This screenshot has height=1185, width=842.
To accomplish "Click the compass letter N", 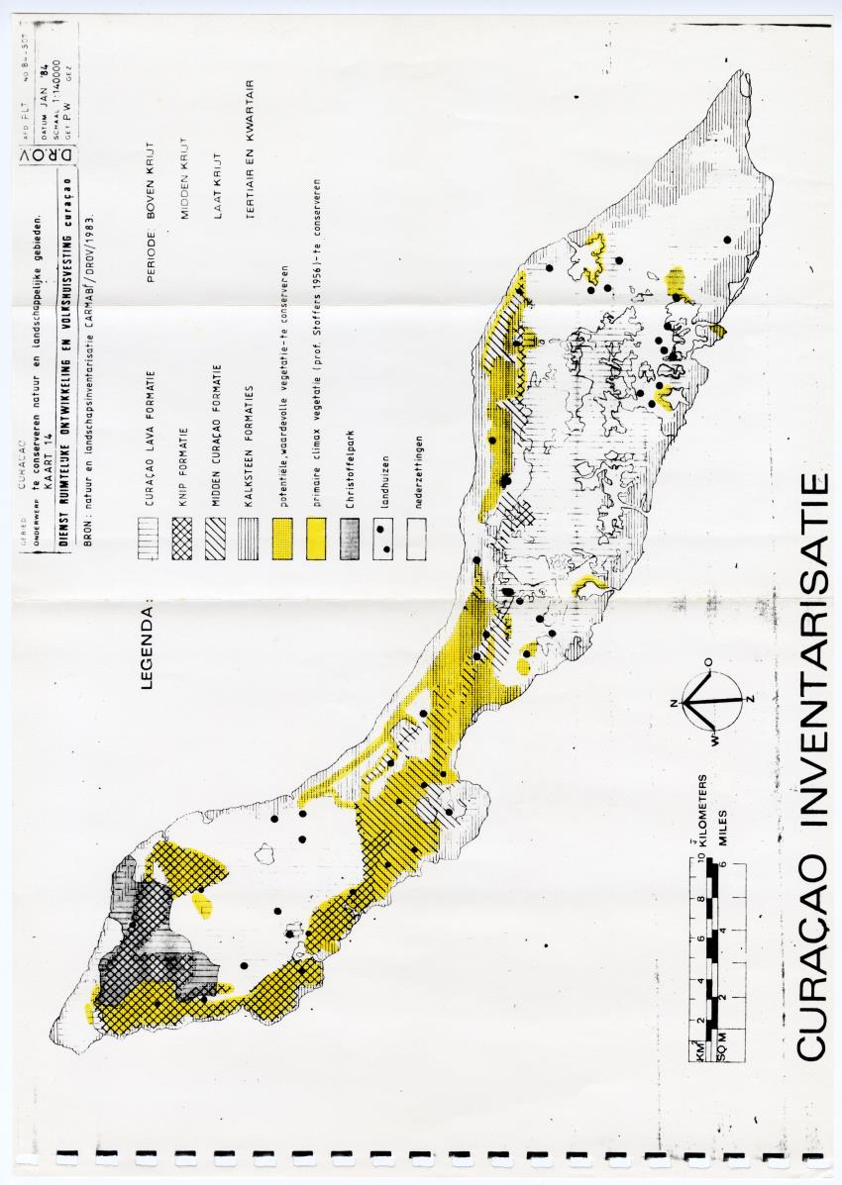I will pos(674,703).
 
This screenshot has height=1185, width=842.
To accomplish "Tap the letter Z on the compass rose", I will pos(751,699).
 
